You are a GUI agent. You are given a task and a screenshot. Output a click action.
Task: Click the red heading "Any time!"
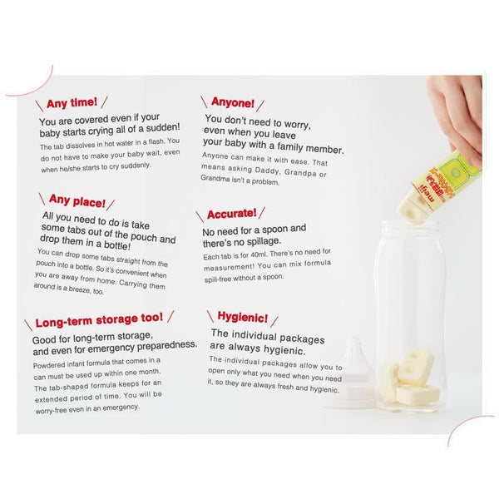click(x=72, y=103)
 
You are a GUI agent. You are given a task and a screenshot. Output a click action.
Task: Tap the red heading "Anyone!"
click(x=233, y=102)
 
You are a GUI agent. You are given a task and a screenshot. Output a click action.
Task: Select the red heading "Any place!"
click(x=77, y=200)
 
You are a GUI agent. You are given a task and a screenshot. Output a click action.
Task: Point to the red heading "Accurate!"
click(x=232, y=214)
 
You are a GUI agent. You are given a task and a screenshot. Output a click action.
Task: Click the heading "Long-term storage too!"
click(x=99, y=319)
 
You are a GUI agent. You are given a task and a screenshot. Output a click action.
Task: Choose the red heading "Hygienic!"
click(x=243, y=317)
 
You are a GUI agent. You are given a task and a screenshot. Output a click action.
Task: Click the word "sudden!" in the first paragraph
click(x=163, y=127)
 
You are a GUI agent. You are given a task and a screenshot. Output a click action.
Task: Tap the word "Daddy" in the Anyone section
click(x=267, y=170)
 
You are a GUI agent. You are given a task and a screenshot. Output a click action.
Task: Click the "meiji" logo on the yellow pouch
click(x=425, y=194)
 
